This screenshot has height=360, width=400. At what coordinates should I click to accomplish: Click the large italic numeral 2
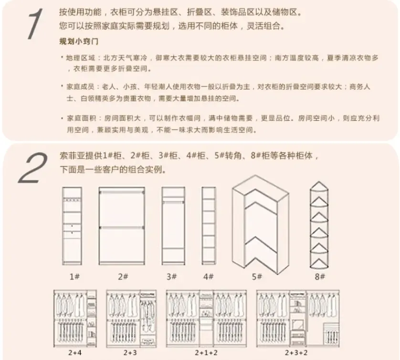[x=33, y=168]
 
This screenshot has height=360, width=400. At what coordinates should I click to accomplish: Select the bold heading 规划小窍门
[x=79, y=41]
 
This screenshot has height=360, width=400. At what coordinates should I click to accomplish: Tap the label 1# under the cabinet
[x=74, y=276]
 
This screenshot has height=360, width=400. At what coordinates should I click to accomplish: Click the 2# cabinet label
[x=123, y=276]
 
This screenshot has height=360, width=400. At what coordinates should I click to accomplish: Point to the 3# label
[x=171, y=276]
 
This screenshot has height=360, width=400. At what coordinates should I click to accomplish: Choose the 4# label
[x=209, y=276]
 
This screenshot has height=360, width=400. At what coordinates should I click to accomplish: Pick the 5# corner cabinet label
[x=257, y=276]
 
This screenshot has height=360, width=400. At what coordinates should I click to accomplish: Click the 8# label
[x=320, y=276]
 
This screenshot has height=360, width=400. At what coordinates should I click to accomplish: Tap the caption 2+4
[x=75, y=353]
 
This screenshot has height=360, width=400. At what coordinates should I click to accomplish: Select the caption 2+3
[x=130, y=353]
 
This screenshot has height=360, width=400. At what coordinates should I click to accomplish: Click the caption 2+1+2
[x=206, y=353]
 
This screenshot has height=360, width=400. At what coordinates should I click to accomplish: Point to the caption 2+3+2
[x=296, y=353]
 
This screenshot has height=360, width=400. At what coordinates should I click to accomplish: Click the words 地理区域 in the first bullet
[x=80, y=58]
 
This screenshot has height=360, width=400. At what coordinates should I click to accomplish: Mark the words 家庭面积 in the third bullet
[x=81, y=118]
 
